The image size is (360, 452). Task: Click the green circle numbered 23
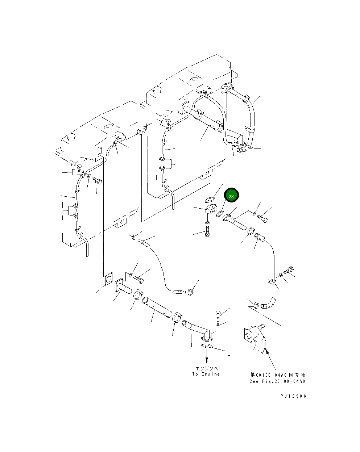pos(231,196)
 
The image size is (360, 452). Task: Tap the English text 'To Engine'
pos(206,374)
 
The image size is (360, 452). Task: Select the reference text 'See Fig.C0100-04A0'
pos(277,381)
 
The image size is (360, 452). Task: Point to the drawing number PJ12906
pos(293,396)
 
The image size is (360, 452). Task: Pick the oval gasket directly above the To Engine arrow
pos(207,347)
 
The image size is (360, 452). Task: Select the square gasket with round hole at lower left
pos(108,279)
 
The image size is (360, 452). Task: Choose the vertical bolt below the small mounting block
pos(207,231)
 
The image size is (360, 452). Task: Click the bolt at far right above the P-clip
pos(289,270)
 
